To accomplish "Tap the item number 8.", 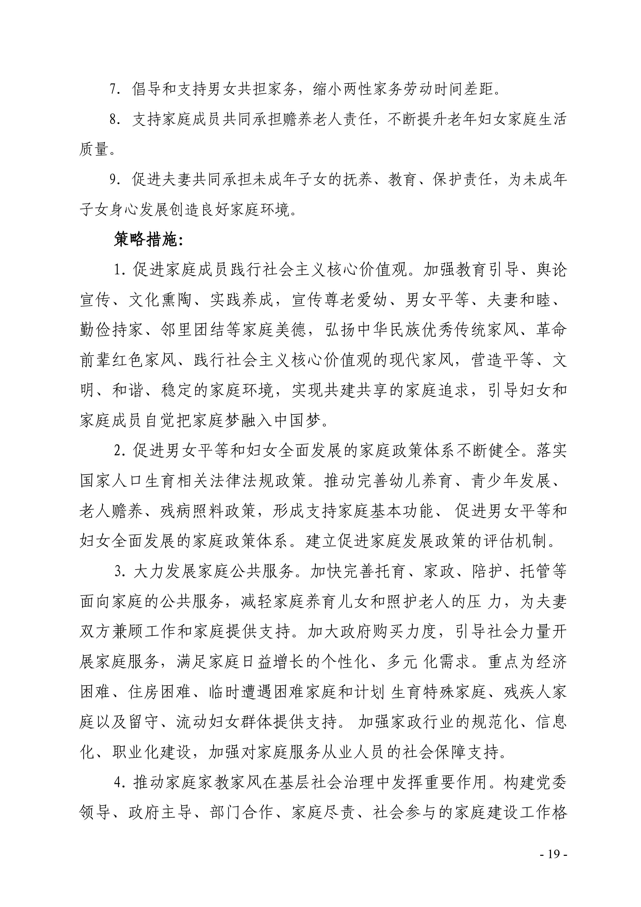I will (115, 119).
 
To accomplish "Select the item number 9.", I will (115, 180).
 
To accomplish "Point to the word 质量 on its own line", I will (94, 149).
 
